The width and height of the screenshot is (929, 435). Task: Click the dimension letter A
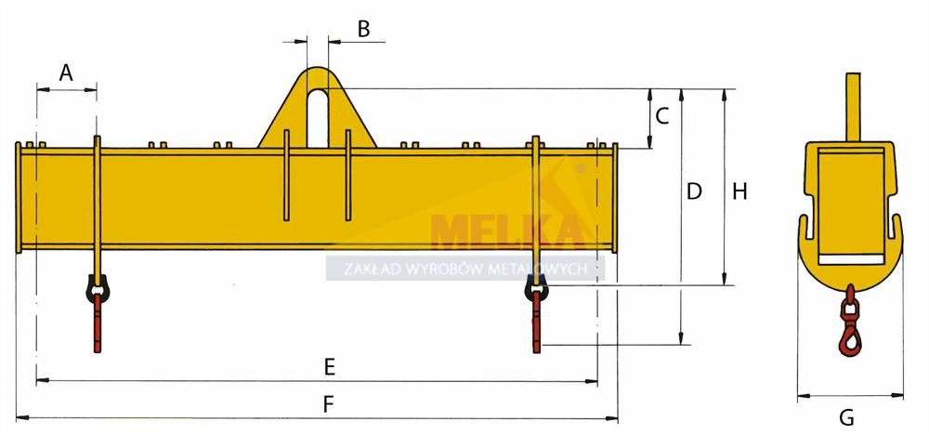click(x=66, y=72)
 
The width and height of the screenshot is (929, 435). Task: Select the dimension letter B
click(x=364, y=29)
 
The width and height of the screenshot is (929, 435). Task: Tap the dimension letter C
click(x=662, y=115)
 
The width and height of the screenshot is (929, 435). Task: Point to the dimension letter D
click(x=694, y=191)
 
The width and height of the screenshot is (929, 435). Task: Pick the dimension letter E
click(x=330, y=367)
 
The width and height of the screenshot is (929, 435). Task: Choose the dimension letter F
click(x=329, y=404)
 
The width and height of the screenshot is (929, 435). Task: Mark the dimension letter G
click(x=847, y=418)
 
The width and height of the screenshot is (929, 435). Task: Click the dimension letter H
click(x=739, y=191)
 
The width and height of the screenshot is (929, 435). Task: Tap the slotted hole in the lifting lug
click(x=318, y=117)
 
